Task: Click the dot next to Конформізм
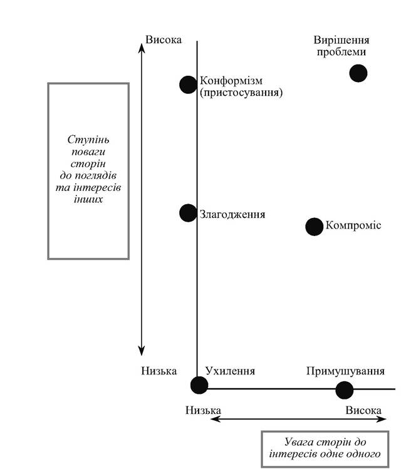pos(188,85)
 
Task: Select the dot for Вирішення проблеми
pos(358,73)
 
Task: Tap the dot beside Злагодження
pos(188,213)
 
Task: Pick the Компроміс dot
pos(315,227)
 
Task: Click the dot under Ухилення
pos(199,385)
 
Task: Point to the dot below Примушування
pos(345,390)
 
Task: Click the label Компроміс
pos(353,225)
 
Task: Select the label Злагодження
pos(232,214)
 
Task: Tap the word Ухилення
pos(230,371)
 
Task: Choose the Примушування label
pos(345,371)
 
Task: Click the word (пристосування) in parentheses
pos(241,93)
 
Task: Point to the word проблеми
pos(341,52)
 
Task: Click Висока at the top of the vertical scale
pos(164,40)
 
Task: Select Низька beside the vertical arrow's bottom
pos(159,371)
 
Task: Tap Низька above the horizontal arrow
pos(203,410)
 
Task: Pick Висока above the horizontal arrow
pos(363,410)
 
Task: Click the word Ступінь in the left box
pos(88,140)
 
